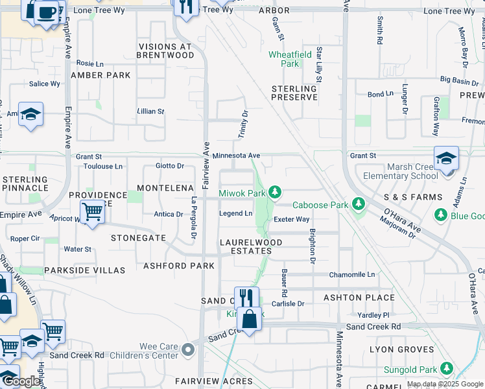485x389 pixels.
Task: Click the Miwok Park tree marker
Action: pyautogui.click(x=276, y=192)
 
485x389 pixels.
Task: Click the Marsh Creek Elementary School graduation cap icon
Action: pyautogui.click(x=446, y=158)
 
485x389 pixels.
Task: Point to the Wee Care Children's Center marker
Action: pyautogui.click(x=188, y=351)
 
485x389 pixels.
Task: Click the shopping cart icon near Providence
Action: pyautogui.click(x=93, y=211)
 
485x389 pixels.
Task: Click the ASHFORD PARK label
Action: pyautogui.click(x=179, y=266)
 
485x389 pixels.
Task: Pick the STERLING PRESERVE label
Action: pyautogui.click(x=294, y=93)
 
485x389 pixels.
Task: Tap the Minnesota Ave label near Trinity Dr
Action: pyautogui.click(x=236, y=156)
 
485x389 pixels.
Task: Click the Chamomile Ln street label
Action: pyautogui.click(x=352, y=274)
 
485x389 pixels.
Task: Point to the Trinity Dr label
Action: pyautogui.click(x=244, y=123)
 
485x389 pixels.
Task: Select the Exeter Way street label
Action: pyautogui.click(x=291, y=219)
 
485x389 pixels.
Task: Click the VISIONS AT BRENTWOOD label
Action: pyautogui.click(x=165, y=51)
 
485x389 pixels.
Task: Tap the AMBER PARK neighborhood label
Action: pyautogui.click(x=101, y=75)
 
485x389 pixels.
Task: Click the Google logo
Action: pyautogui.click(x=21, y=381)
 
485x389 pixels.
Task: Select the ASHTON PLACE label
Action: pyautogui.click(x=362, y=298)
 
